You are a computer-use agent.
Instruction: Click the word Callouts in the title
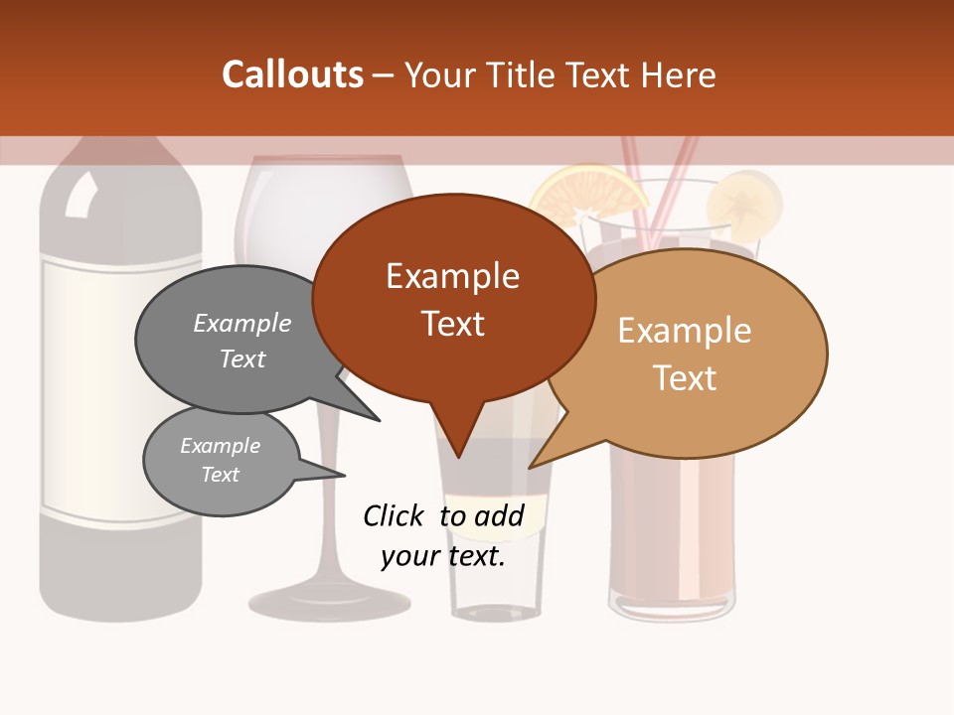(x=292, y=75)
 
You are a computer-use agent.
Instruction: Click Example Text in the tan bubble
(x=685, y=354)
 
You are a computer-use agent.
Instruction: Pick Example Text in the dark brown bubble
(x=453, y=299)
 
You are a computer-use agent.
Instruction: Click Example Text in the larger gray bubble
(x=242, y=341)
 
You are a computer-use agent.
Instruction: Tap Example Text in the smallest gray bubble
(x=221, y=460)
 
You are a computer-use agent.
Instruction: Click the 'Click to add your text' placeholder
(x=443, y=535)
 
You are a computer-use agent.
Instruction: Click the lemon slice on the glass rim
(x=745, y=204)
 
